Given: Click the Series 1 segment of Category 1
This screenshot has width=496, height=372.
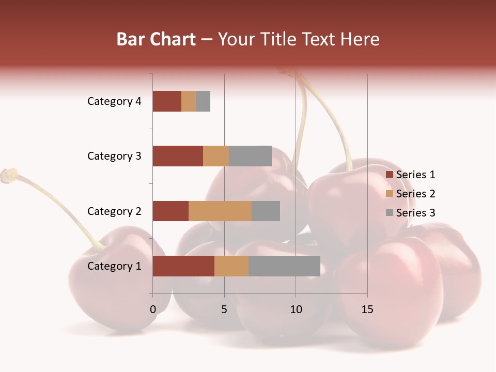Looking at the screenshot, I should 183,266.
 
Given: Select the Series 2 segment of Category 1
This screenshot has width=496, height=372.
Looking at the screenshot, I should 231,266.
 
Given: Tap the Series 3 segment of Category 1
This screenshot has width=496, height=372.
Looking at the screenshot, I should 284,266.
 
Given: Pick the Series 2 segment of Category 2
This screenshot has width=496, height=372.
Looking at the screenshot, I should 220,211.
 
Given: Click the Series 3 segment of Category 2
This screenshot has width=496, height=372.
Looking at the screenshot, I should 266,211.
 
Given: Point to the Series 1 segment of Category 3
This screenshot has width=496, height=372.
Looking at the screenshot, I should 178,156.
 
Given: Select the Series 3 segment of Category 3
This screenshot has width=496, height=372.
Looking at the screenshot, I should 250,156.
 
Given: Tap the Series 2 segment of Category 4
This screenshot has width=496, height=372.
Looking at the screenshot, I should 189,101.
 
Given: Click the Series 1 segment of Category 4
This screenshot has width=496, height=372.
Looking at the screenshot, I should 167,101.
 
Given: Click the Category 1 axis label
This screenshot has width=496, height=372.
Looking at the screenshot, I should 114,266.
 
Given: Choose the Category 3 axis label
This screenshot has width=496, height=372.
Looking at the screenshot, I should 114,156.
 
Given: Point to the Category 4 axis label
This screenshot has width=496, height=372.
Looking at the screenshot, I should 114,101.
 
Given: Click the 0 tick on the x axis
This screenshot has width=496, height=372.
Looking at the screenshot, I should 153,309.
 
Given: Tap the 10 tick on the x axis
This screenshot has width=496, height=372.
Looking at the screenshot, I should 296,309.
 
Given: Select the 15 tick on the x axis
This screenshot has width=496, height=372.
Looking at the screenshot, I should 367,309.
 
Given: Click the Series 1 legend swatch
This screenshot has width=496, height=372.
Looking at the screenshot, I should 389,175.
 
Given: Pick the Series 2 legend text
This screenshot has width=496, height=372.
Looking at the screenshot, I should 415,194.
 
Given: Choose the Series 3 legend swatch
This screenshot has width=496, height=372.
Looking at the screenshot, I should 389,213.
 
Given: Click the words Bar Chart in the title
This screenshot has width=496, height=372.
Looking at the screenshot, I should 156,39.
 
